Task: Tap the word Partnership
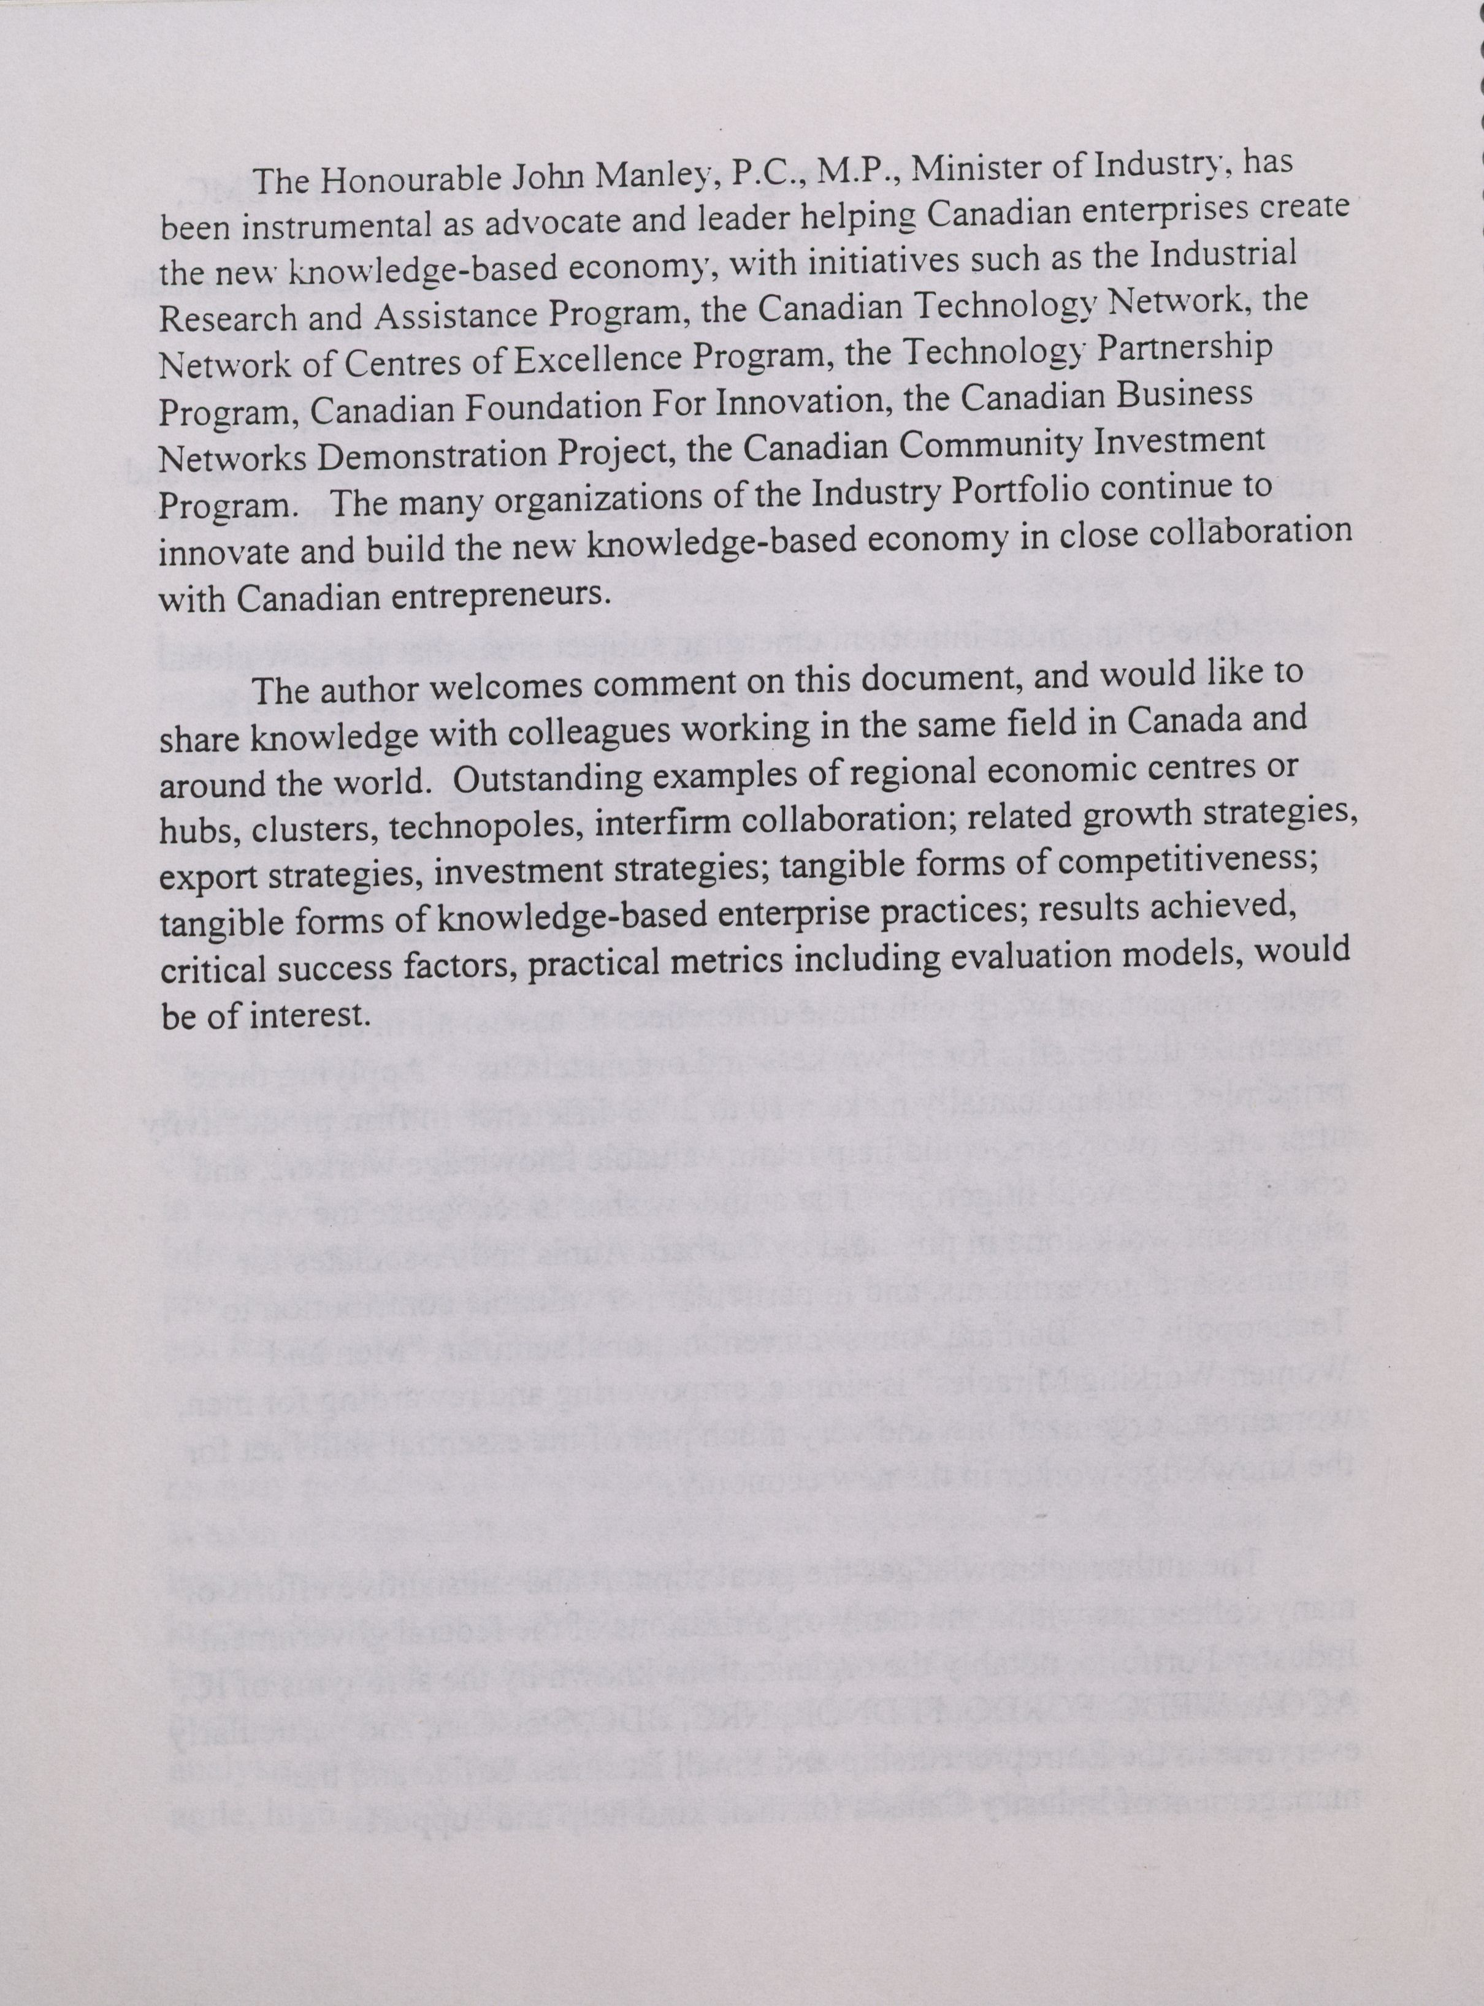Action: [x=1186, y=350]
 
